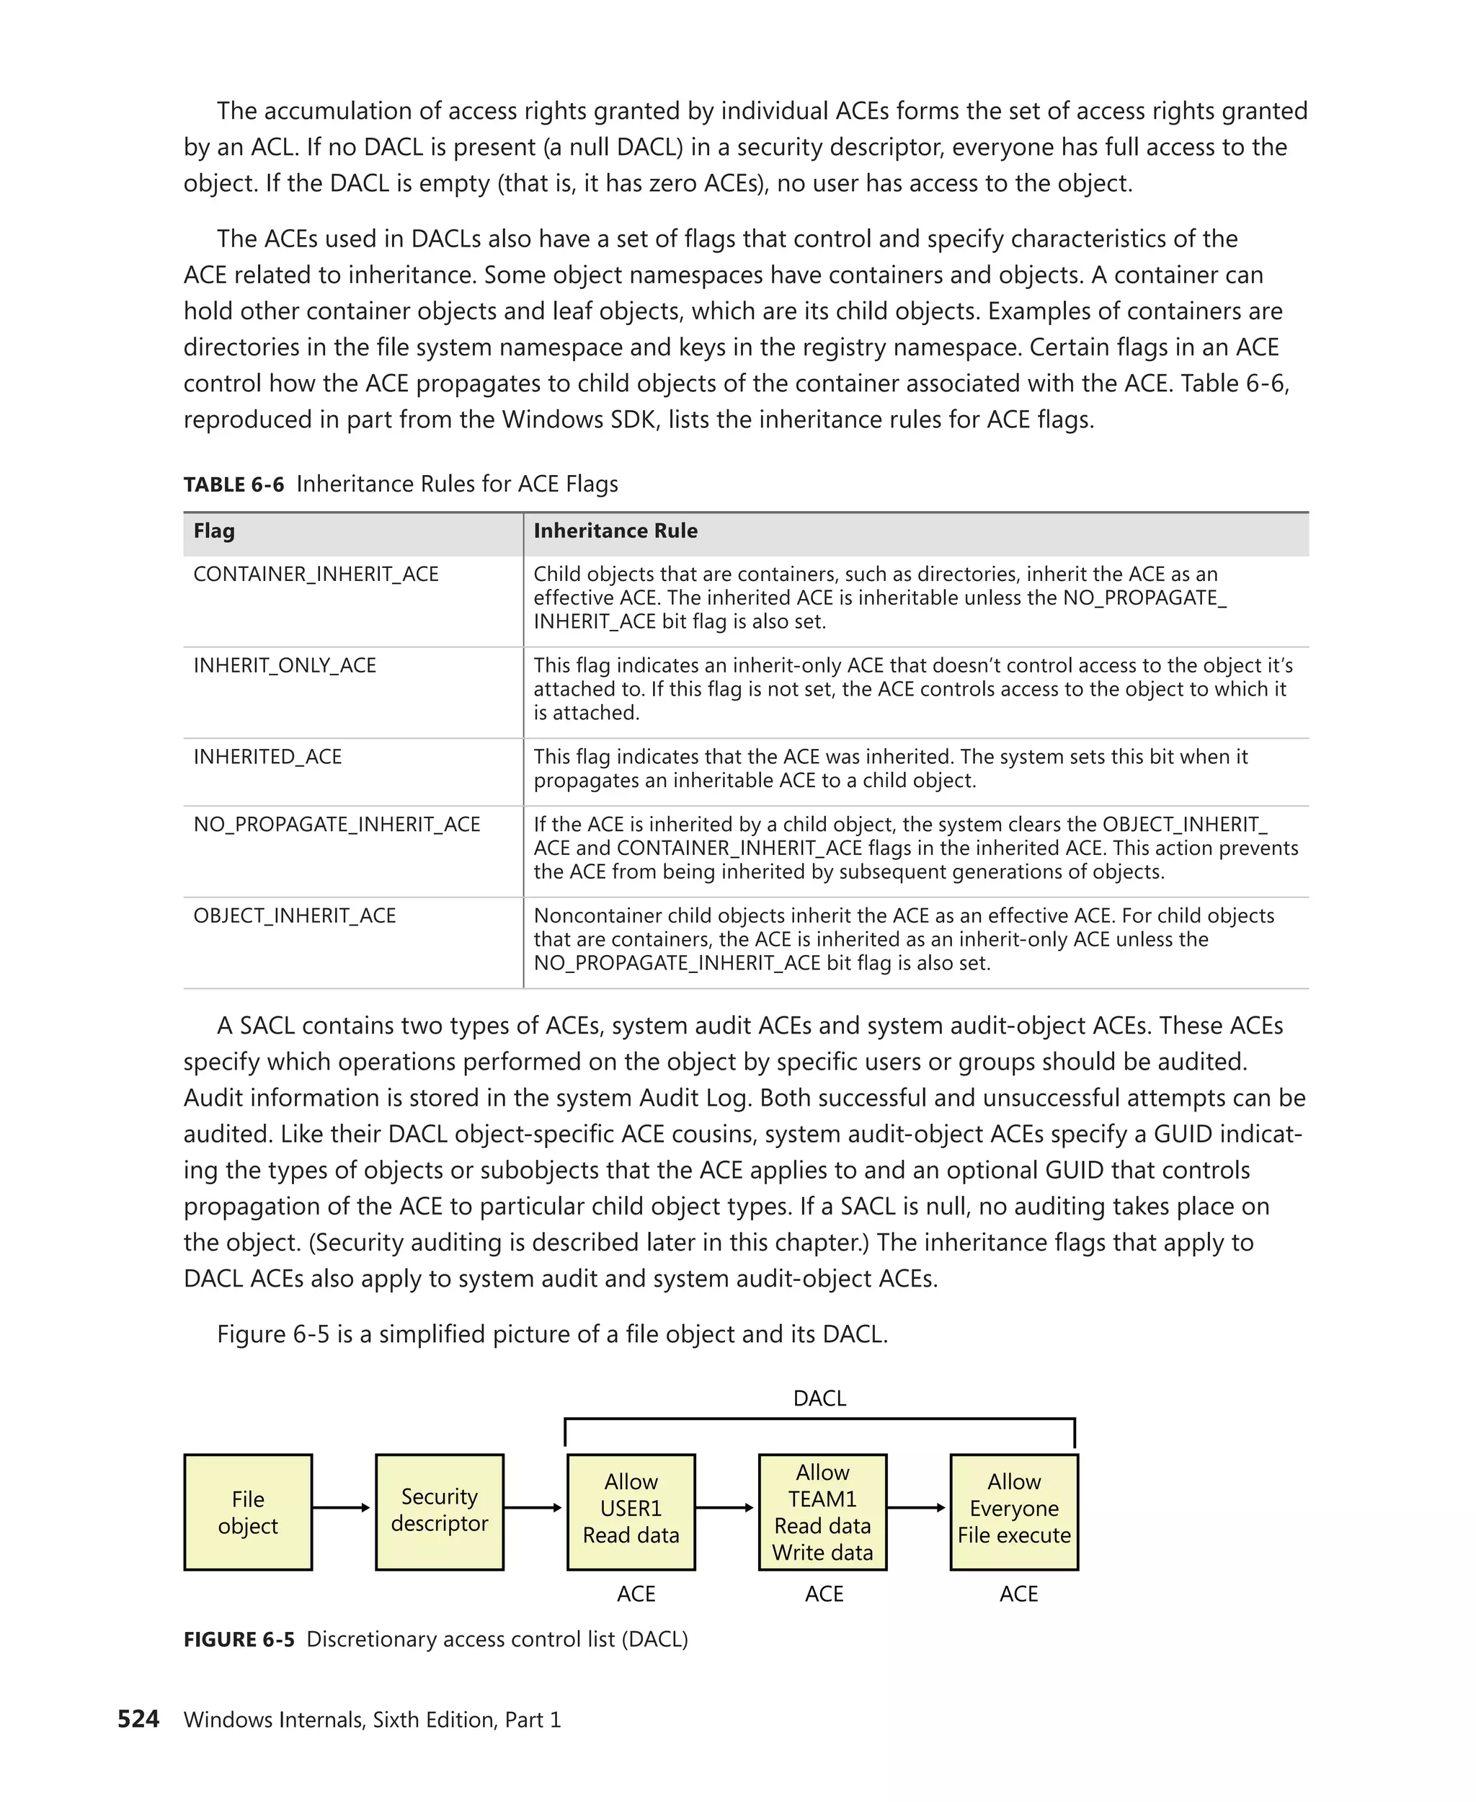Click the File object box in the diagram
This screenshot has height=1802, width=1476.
(x=247, y=1512)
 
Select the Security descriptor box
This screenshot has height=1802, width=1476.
(x=439, y=1512)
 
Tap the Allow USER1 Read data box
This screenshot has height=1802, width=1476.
(x=631, y=1512)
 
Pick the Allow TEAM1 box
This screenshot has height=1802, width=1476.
(x=822, y=1512)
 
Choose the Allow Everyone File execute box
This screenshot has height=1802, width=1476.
(x=1013, y=1512)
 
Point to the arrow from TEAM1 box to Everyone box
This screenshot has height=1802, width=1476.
(x=917, y=1508)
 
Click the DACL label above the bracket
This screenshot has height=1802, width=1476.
(x=819, y=1398)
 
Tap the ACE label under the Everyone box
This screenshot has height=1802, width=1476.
(x=1018, y=1594)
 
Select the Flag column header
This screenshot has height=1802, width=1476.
(x=214, y=531)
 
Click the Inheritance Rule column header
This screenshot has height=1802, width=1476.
(x=615, y=531)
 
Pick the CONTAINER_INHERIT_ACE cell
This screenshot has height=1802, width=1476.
(x=316, y=575)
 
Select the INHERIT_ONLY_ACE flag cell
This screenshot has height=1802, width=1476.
(x=285, y=666)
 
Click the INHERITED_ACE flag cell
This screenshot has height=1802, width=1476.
(x=268, y=757)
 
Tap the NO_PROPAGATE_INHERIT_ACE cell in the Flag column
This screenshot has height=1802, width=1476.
(x=337, y=825)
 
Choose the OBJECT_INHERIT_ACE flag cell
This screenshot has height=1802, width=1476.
(x=295, y=916)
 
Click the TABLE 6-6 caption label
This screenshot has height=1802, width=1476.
(x=234, y=484)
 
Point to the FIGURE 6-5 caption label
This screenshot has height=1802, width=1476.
(x=239, y=1640)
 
